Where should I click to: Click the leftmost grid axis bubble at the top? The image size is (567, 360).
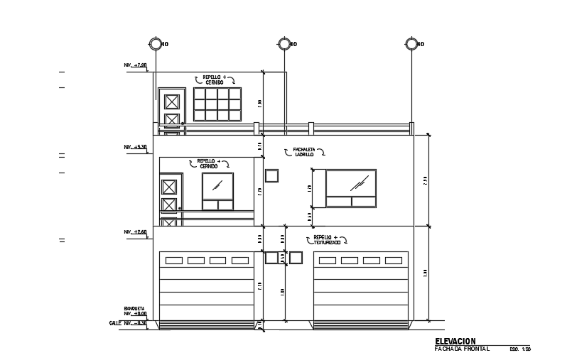[156, 44]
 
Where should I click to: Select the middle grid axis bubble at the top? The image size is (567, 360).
[284, 44]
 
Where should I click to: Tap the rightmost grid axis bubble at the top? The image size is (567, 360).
[411, 44]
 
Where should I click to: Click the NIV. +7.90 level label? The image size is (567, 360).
[135, 65]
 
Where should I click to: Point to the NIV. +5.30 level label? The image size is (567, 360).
[135, 148]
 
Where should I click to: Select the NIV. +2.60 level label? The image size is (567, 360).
[135, 232]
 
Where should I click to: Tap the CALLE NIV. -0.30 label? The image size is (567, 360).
[128, 323]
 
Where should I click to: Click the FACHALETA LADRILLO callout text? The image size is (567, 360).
[304, 152]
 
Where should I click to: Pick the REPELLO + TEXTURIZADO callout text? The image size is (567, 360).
[327, 240]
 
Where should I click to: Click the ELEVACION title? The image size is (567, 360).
[455, 342]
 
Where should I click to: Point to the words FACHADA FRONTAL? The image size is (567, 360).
[462, 349]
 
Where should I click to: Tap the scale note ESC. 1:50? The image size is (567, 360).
[520, 349]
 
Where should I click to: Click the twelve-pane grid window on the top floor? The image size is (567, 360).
[217, 104]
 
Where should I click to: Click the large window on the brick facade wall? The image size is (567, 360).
[351, 188]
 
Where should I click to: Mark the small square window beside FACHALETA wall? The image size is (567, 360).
[271, 175]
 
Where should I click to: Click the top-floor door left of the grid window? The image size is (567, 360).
[172, 111]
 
